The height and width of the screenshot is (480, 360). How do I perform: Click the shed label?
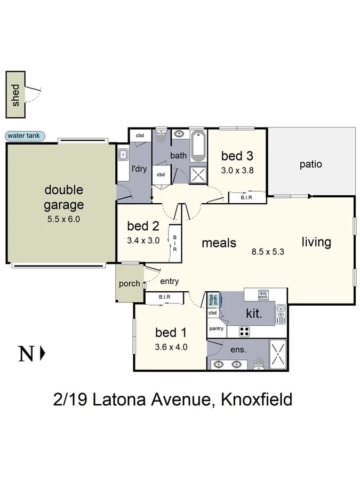point(16,94)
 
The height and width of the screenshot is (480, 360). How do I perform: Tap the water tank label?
point(26,136)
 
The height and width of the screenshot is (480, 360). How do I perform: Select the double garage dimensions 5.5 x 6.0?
point(63,218)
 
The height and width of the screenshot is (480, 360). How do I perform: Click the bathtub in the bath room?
point(198,145)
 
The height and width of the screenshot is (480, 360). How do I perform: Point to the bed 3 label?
point(237,156)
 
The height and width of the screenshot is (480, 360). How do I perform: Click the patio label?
point(310,164)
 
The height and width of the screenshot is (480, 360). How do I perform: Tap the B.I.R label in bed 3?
point(246,198)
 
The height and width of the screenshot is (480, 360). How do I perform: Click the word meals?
point(219,243)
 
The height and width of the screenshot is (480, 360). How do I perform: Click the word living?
point(316,242)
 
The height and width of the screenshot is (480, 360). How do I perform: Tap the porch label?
point(129,284)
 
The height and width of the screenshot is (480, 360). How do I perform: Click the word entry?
point(170,281)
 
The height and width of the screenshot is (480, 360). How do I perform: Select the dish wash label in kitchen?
point(263,294)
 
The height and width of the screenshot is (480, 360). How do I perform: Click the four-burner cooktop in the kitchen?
point(244,331)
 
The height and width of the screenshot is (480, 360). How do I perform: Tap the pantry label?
point(217,329)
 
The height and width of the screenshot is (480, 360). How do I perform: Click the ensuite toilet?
point(259,363)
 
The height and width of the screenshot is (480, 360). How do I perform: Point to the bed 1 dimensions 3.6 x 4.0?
point(171,347)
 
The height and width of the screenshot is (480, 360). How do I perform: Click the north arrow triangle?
point(43,353)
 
